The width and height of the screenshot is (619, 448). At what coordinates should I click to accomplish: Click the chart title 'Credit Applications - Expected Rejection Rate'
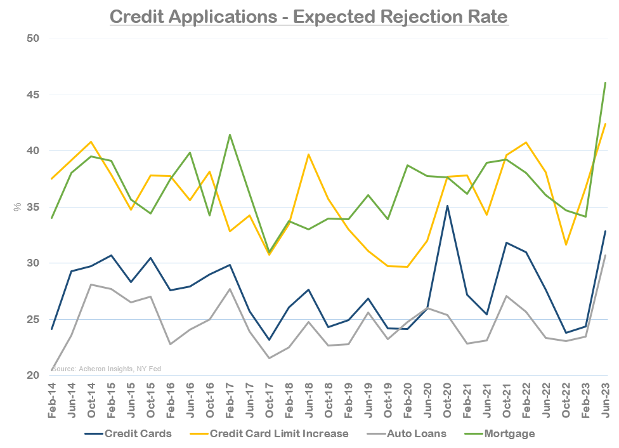click(309, 15)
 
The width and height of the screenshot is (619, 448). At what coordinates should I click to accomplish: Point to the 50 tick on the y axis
click(34, 39)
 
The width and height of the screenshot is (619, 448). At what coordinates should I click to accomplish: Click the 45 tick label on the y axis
click(34, 95)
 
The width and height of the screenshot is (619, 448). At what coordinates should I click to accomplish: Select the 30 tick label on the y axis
click(34, 263)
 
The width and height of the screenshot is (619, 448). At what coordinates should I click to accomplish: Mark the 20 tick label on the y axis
click(34, 376)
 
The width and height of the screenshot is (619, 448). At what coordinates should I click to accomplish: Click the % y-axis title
click(18, 207)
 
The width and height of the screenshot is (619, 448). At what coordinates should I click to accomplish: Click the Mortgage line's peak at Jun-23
click(605, 82)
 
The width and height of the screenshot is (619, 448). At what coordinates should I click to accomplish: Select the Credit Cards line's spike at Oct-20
click(448, 206)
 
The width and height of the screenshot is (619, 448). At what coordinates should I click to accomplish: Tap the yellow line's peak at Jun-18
click(308, 154)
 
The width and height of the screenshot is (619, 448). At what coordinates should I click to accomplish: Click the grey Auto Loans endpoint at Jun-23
click(605, 255)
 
